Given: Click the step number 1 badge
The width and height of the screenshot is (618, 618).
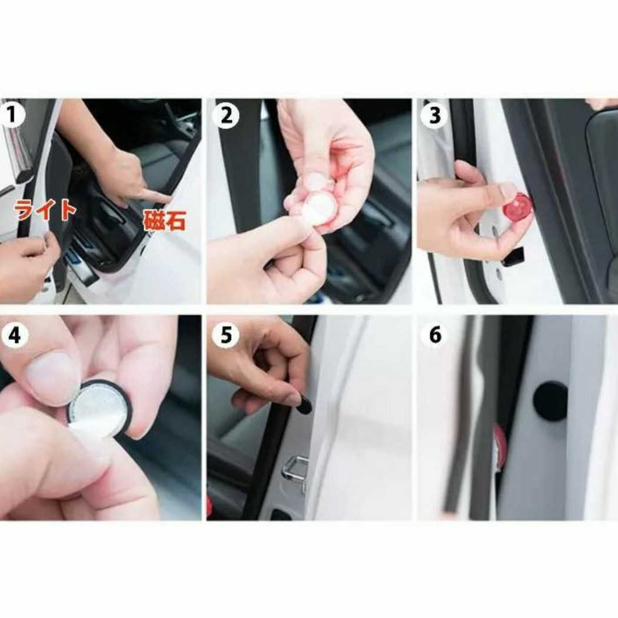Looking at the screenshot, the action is pos(12,115).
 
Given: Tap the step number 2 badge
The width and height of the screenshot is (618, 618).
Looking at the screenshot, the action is pos(225,115).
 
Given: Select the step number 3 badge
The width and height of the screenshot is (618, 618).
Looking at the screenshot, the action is pos(434,115).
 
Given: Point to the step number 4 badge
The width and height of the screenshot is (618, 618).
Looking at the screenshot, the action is pos(15,335).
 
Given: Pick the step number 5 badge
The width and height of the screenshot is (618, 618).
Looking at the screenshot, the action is pos(225,335).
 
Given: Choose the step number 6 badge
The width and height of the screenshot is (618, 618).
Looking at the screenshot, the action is pos(435,335).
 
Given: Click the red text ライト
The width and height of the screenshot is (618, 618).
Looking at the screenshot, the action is pos(45,209).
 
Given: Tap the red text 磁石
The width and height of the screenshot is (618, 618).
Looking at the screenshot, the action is pos(164,221).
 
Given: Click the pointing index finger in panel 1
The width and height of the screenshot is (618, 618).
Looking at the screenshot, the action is pos(152,195).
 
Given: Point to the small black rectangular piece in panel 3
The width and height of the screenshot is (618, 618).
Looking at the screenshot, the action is pos(514,256).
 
